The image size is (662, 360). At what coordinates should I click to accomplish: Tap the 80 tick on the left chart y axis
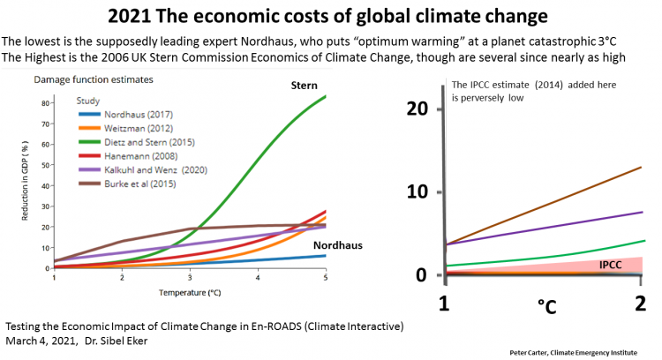(46, 102)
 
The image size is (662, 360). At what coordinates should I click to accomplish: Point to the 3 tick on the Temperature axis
(190, 277)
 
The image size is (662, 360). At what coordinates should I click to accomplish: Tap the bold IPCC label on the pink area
(614, 263)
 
